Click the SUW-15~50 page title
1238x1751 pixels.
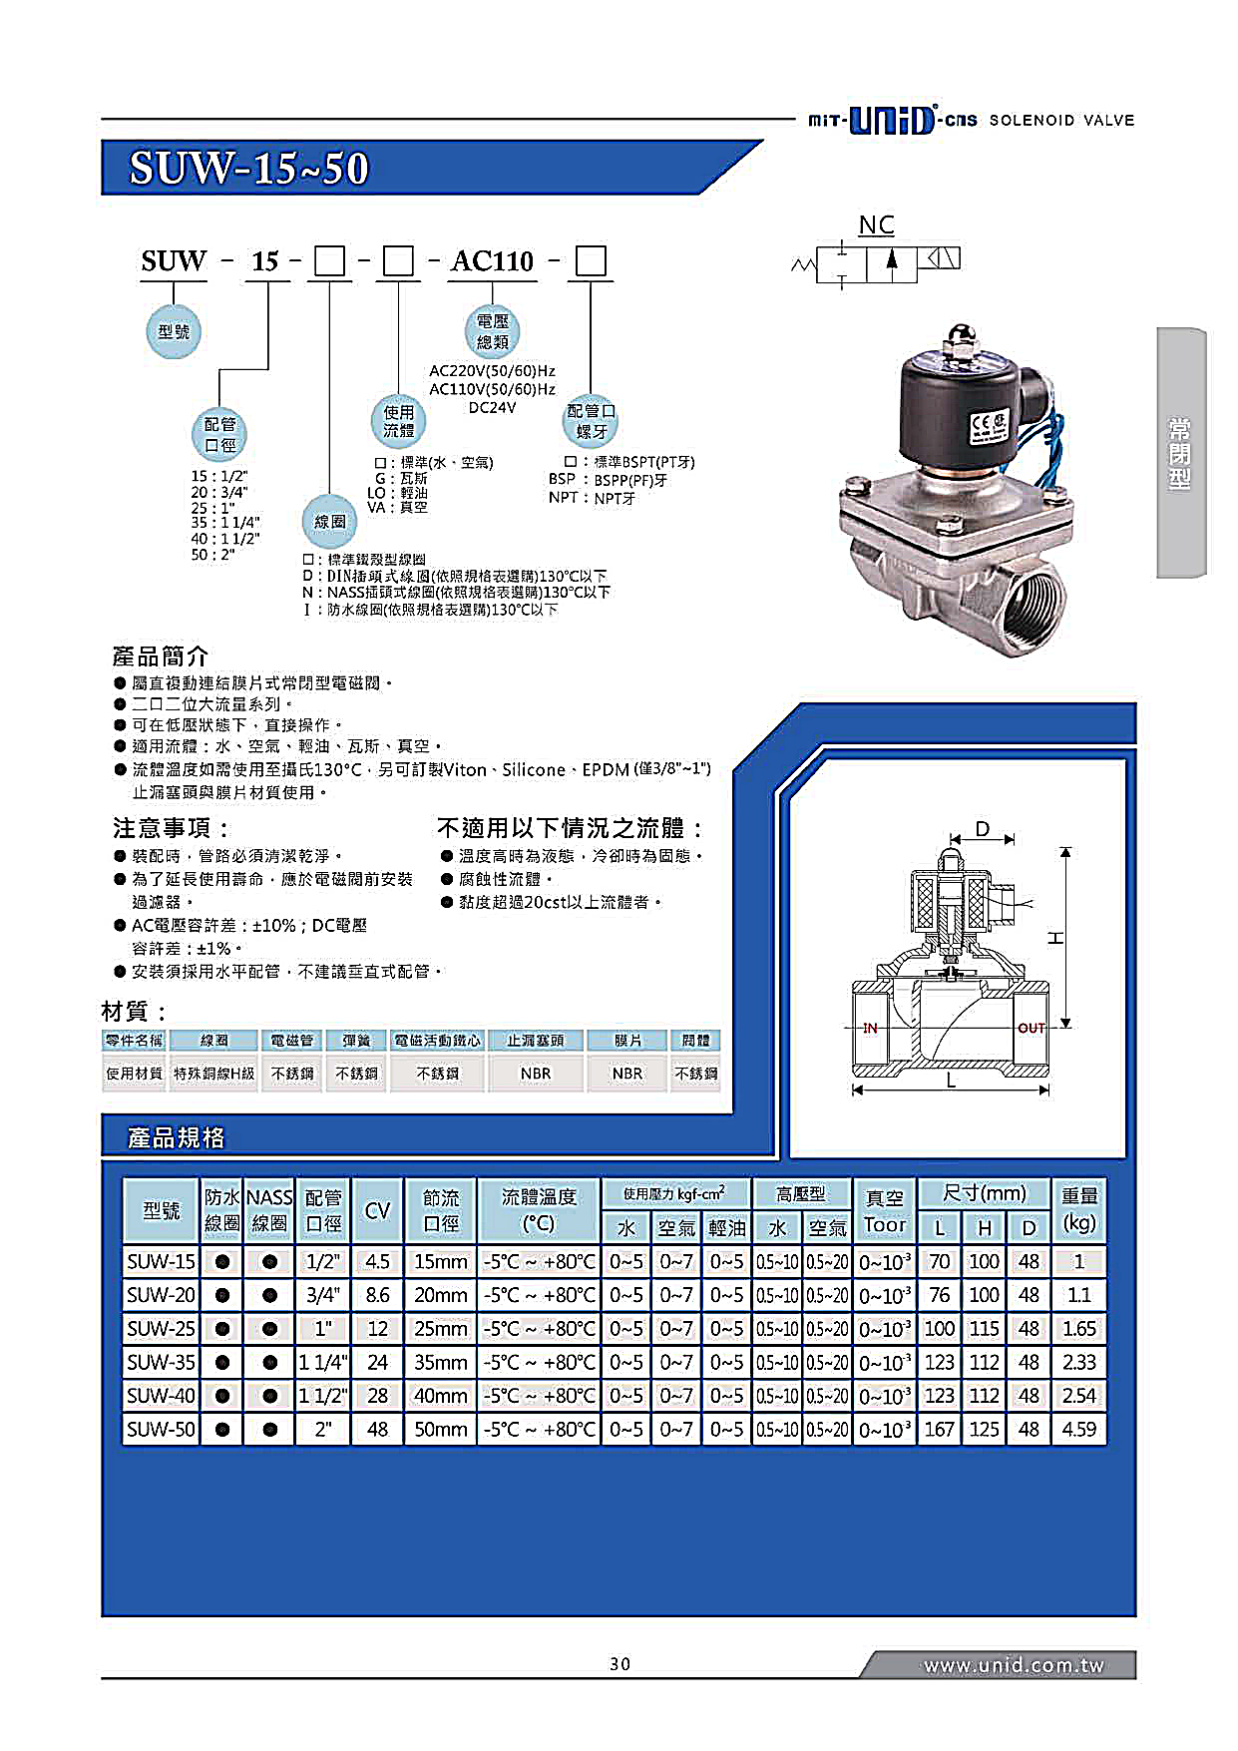[248, 168]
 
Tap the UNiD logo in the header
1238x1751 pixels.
[892, 120]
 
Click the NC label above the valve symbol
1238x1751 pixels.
[876, 224]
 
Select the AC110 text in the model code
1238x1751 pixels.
[492, 261]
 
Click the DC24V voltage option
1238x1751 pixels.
[492, 407]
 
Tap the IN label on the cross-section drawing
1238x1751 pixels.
[870, 1028]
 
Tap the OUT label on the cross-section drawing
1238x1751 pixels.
[1031, 1028]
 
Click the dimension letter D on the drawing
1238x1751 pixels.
[983, 829]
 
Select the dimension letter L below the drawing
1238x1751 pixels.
[951, 1081]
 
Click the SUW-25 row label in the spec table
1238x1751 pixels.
[161, 1329]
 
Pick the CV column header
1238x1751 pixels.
[377, 1210]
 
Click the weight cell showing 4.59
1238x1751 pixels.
[1078, 1429]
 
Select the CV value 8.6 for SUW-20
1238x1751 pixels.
[377, 1295]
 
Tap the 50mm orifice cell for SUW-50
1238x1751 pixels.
[440, 1429]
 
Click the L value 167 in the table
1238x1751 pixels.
[939, 1429]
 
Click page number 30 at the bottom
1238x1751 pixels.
[619, 1663]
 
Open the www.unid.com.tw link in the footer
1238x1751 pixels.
[1013, 1665]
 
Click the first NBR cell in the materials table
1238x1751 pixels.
[536, 1074]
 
